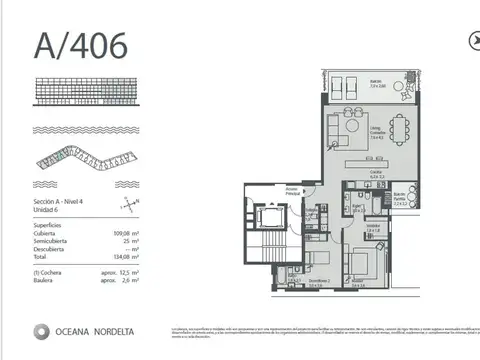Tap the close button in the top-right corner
click(x=473, y=40)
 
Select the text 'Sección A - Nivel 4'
click(x=60, y=203)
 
